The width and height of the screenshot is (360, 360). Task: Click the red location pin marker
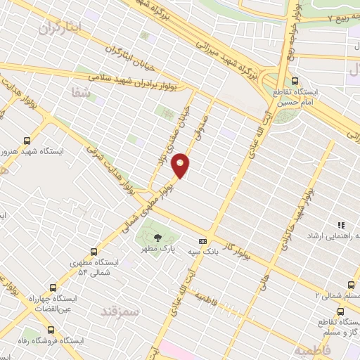(x=181, y=165)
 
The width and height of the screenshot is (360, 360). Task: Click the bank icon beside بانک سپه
(x=202, y=240)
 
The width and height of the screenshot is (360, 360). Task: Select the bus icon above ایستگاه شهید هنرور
(x=27, y=140)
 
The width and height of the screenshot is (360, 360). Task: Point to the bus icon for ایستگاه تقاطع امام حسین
(x=295, y=79)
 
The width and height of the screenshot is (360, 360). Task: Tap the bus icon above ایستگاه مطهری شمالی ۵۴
(x=94, y=250)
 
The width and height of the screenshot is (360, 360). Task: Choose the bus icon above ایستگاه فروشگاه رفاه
(x=49, y=329)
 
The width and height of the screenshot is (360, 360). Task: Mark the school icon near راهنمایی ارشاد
(x=341, y=226)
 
